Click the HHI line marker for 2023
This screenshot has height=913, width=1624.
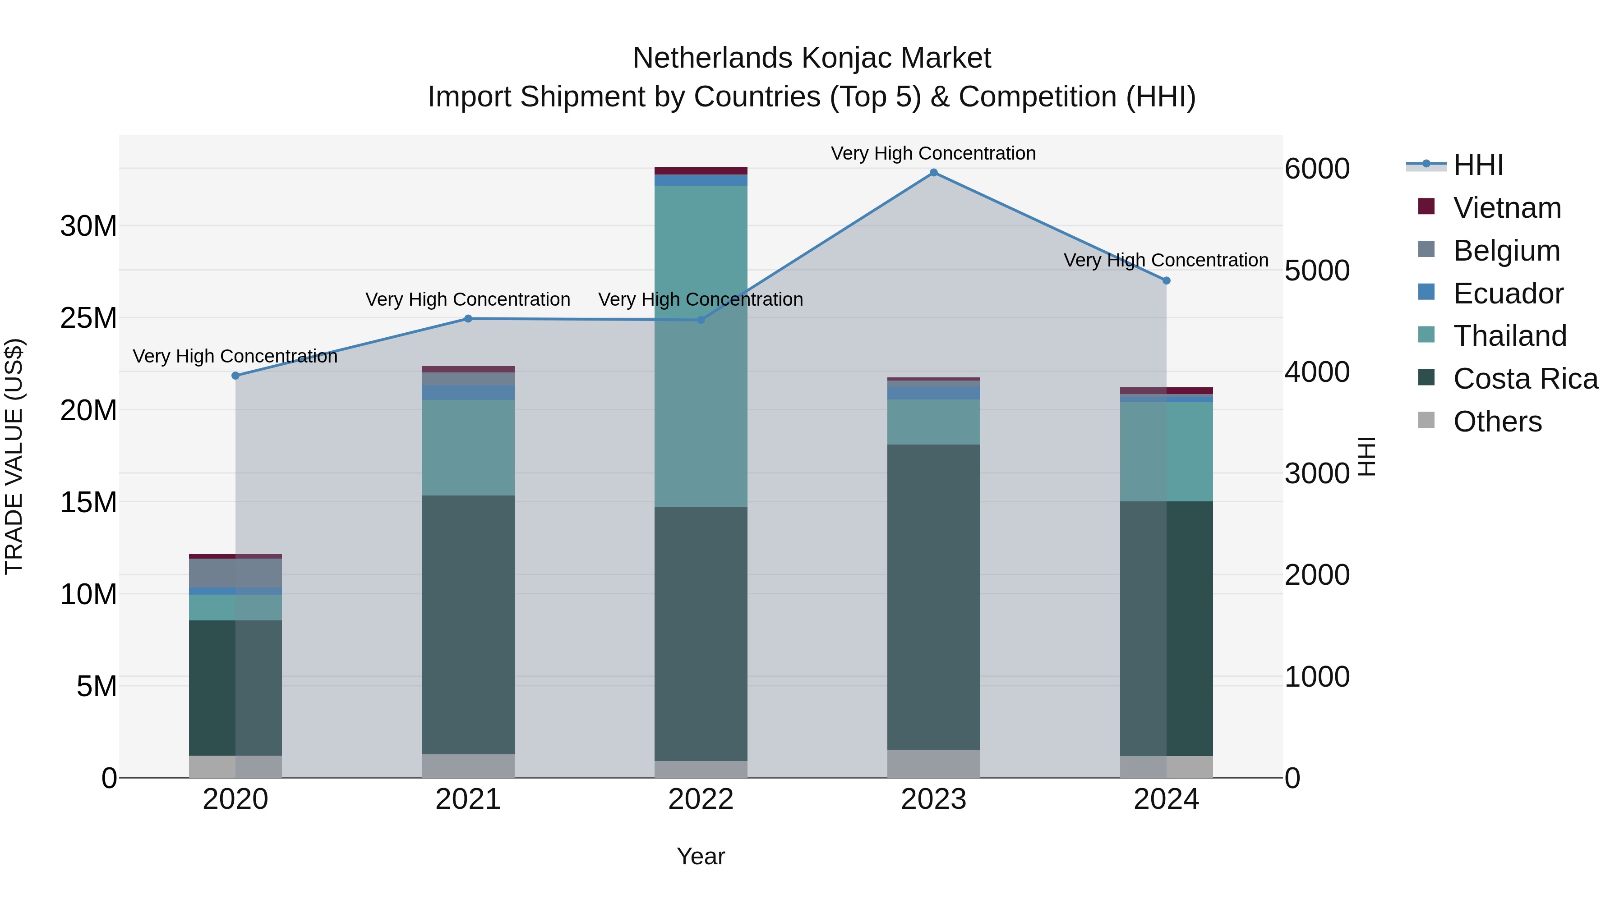[934, 173]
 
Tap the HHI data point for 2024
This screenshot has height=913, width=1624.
[1166, 280]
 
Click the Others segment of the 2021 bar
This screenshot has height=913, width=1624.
[468, 766]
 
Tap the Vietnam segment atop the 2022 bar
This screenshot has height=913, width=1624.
[701, 171]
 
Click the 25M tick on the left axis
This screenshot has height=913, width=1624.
[88, 318]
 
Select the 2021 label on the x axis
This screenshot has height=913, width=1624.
[468, 799]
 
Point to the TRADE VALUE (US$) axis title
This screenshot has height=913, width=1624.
[14, 456]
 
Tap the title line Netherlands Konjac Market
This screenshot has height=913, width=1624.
[812, 58]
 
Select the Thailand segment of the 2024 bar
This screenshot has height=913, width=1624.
[1166, 452]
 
